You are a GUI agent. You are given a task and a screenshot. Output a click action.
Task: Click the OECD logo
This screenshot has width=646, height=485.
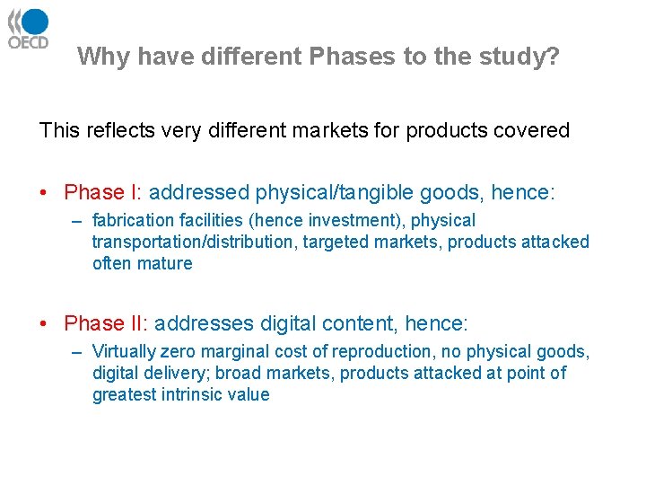(x=28, y=29)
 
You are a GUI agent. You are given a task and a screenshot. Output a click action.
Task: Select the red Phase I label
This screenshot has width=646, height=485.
(x=102, y=192)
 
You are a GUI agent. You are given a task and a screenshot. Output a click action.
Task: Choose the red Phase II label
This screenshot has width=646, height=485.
(x=105, y=323)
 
